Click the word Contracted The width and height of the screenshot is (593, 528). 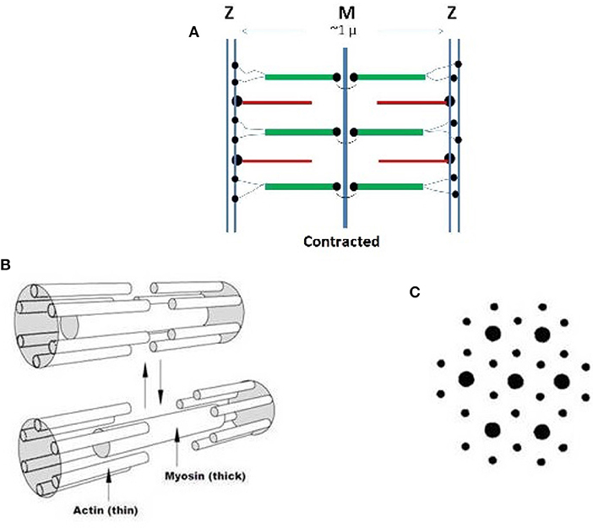tap(342, 241)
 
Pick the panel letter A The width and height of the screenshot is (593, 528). tap(193, 34)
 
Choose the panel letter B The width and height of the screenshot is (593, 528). tap(7, 264)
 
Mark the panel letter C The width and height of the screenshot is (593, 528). tap(412, 292)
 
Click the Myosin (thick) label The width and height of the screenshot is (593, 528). tap(203, 476)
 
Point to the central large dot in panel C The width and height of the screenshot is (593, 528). tap(514, 382)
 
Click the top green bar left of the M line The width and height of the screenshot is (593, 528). tap(300, 78)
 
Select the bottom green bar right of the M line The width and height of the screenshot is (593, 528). tap(387, 186)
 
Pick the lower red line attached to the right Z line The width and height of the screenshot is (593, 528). tap(411, 159)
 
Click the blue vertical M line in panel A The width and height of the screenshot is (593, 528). tap(344, 135)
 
